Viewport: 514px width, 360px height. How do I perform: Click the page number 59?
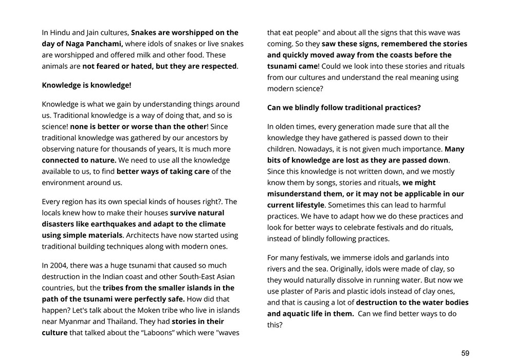(x=465, y=353)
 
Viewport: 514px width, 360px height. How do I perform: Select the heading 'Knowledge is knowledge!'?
(x=86, y=85)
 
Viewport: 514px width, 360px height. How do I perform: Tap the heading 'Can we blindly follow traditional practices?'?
(x=344, y=107)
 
